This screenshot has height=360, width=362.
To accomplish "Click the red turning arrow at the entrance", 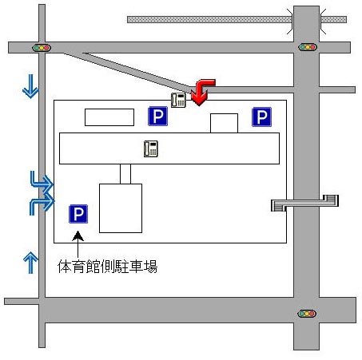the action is click(202, 90).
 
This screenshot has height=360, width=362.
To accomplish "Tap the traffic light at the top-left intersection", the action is click(42, 48).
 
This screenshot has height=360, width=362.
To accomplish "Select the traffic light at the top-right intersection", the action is click(308, 47).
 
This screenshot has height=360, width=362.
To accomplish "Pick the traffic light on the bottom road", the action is click(307, 314).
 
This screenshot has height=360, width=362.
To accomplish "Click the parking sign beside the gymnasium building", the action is click(78, 214).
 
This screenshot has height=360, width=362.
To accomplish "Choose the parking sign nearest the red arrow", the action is click(158, 116).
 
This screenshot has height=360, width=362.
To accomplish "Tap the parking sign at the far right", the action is click(262, 117).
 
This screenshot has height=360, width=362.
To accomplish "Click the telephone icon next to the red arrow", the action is click(178, 100).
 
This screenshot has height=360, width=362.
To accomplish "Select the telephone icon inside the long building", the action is click(151, 148).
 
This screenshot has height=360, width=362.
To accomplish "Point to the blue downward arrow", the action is click(31, 86).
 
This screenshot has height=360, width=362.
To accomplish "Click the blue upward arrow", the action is click(30, 263).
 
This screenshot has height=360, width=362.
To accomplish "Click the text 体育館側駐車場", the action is click(107, 267).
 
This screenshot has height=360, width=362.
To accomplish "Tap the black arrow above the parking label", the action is click(78, 244).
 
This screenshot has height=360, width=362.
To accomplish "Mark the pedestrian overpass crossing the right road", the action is click(305, 204).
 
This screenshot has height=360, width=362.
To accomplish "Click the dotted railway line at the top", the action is click(237, 20).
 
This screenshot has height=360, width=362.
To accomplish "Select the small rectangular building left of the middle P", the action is click(109, 117).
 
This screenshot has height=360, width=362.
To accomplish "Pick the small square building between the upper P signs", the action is click(224, 123).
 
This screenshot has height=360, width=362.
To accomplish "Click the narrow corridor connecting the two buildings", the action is click(125, 174).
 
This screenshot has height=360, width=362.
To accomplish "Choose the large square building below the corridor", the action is click(121, 208).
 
